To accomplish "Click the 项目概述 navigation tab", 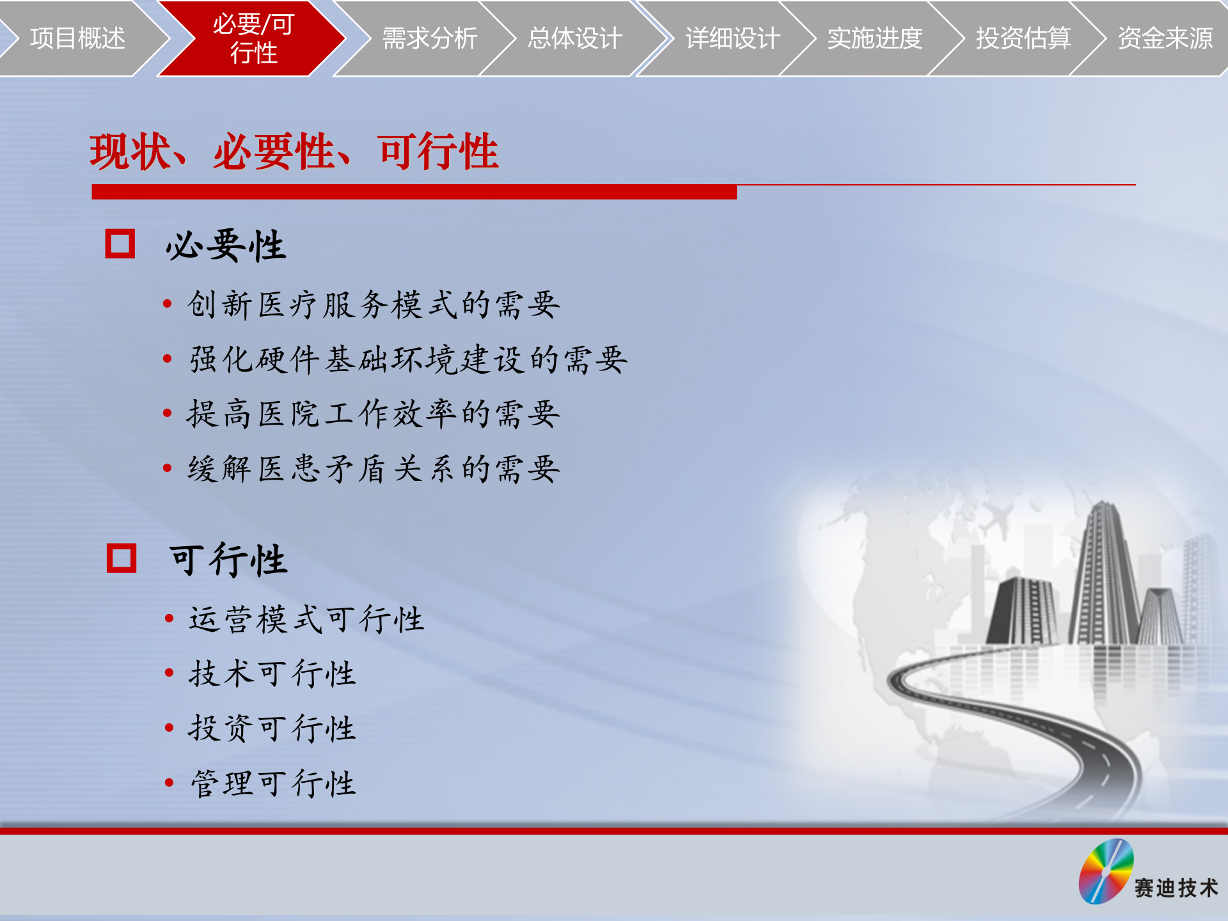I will pyautogui.click(x=77, y=38).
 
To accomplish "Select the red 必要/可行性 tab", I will pyautogui.click(x=253, y=38).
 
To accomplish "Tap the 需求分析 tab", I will pyautogui.click(x=429, y=38).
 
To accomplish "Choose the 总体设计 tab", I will pyautogui.click(x=574, y=38).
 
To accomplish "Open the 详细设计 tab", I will pyautogui.click(x=732, y=38).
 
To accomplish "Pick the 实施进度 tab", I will pyautogui.click(x=874, y=38).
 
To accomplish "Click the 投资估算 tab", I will pyautogui.click(x=1023, y=38).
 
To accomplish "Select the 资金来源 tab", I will pyautogui.click(x=1165, y=38).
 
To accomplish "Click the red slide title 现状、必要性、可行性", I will pyautogui.click(x=294, y=152).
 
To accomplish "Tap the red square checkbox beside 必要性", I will pyautogui.click(x=120, y=244).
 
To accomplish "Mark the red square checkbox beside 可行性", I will pyautogui.click(x=122, y=558).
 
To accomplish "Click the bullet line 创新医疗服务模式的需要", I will pyautogui.click(x=374, y=304).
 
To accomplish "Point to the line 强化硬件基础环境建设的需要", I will pyautogui.click(x=408, y=359).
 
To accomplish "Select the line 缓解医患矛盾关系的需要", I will pyautogui.click(x=374, y=469).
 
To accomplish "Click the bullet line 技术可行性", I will pyautogui.click(x=272, y=673).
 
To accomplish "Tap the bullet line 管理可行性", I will pyautogui.click(x=272, y=783).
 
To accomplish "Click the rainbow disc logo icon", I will pyautogui.click(x=1106, y=871).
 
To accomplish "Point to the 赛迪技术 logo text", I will pyautogui.click(x=1176, y=888).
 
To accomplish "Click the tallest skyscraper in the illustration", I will pyautogui.click(x=1104, y=576).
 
